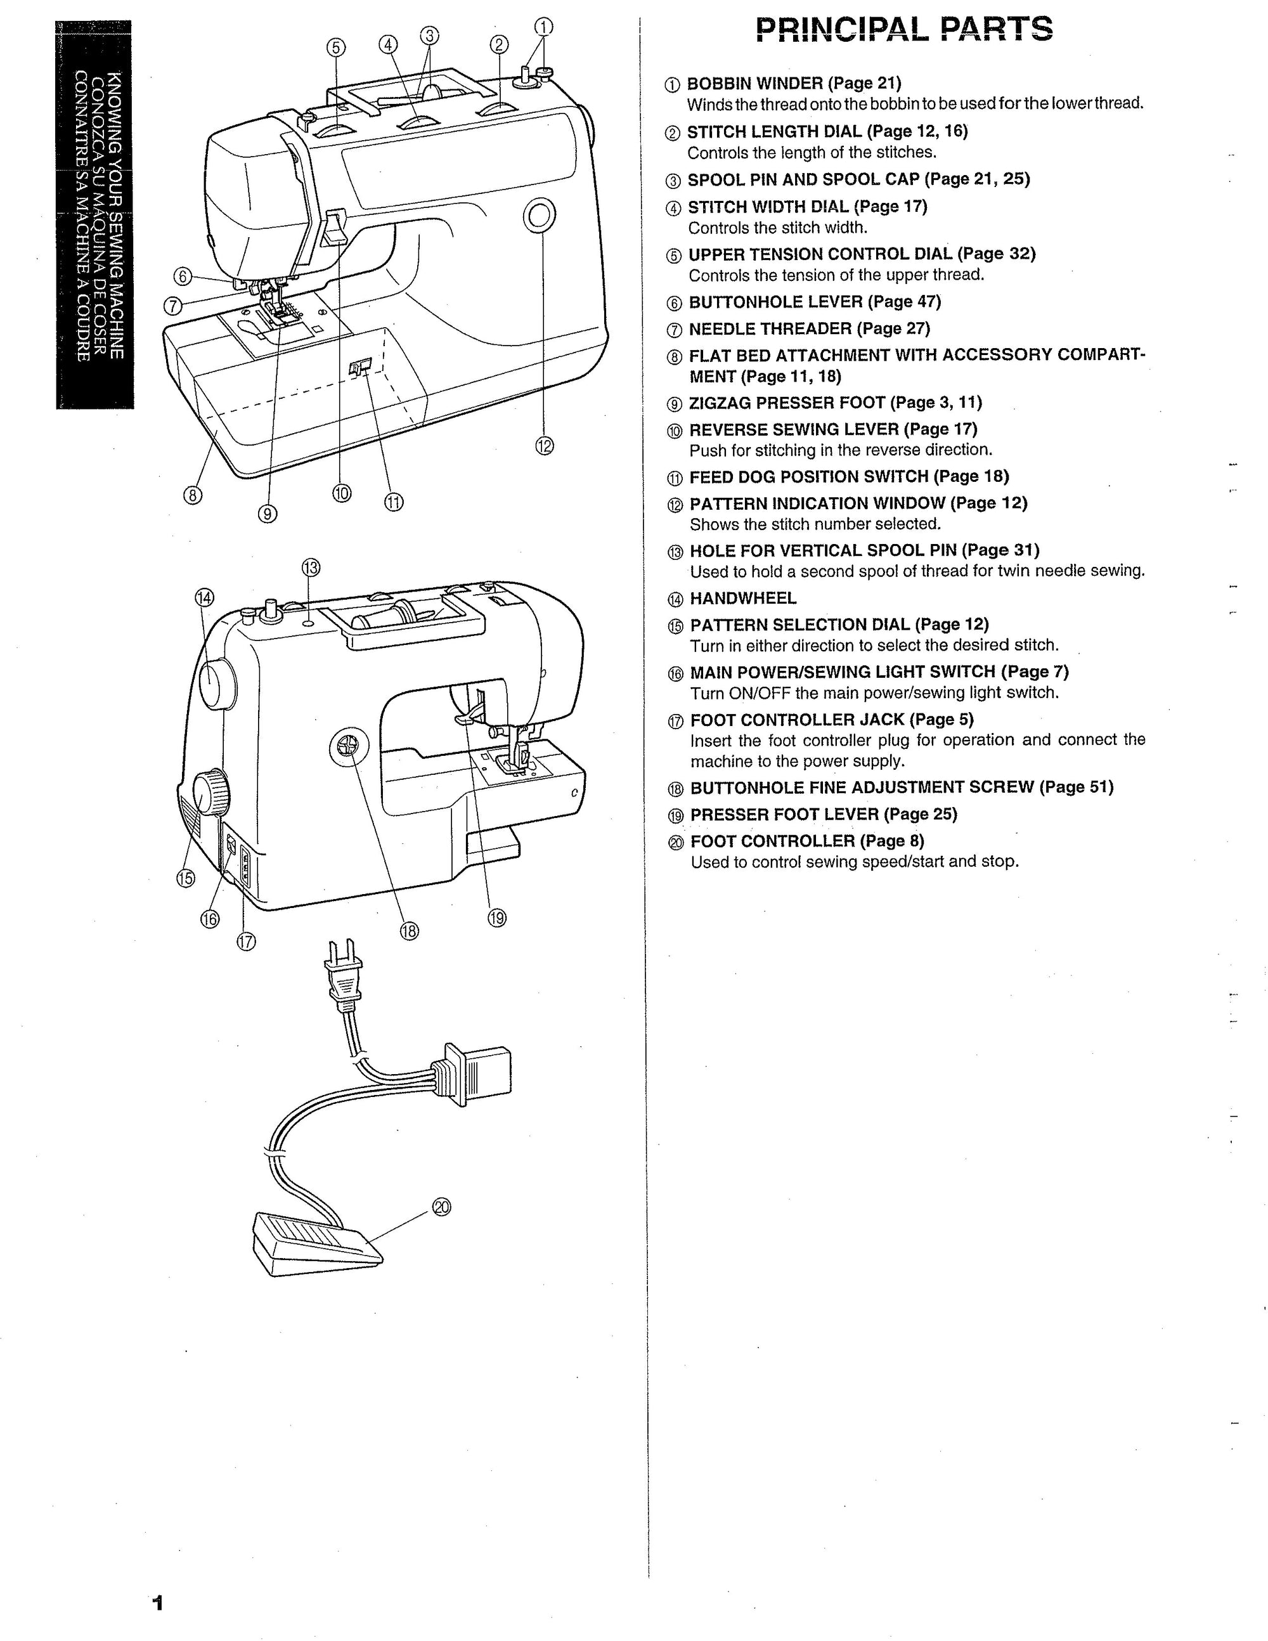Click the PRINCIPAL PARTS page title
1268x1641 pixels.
pos(903,30)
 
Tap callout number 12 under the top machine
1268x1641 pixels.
pos(545,446)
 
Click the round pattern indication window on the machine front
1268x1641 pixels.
pos(539,216)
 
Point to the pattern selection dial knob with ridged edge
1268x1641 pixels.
pos(211,792)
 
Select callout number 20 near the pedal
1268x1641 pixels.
pos(442,1207)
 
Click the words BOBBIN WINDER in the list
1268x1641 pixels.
pos(755,84)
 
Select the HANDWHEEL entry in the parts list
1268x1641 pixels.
pos(743,598)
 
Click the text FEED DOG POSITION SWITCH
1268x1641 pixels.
pos(808,476)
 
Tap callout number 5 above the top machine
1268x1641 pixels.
pos(336,48)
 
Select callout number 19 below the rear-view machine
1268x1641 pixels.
pos(496,918)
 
